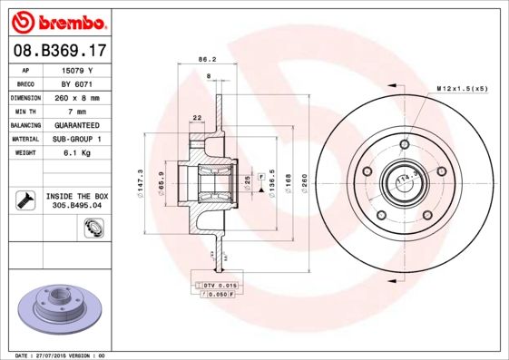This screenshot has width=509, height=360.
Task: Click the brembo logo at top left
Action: click(56, 20)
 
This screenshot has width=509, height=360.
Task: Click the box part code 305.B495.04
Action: click(77, 205)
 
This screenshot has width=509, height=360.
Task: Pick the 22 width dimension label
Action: click(197, 117)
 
